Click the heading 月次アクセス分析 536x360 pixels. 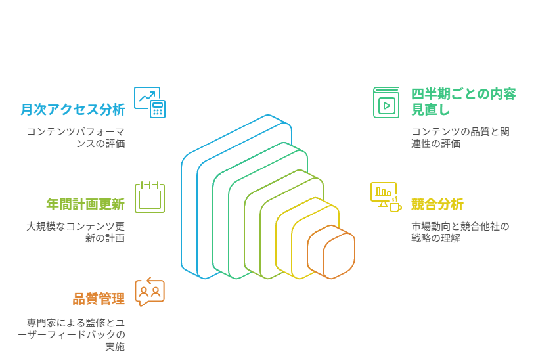pos(73,110)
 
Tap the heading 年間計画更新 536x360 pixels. pos(85,204)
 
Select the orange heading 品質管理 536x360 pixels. pos(99,299)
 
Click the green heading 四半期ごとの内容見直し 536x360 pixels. pos(464,102)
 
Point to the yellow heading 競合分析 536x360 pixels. pos(437,204)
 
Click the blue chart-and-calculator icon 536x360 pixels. pos(150,102)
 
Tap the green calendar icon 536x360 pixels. pos(150,197)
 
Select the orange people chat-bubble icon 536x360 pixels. pos(150,292)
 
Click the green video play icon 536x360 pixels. pos(386,102)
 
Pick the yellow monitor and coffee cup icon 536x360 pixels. pos(386,197)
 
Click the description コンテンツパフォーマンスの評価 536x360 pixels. pos(76,137)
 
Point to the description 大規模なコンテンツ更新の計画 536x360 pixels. pos(76,232)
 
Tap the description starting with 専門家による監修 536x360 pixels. pos(72,334)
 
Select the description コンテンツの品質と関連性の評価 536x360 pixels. pos(460,137)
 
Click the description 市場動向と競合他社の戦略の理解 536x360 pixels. pos(460,232)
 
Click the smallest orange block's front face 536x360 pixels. pos(339,256)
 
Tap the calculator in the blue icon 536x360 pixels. pos(158,109)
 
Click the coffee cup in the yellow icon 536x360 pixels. pos(395,206)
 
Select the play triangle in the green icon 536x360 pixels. pos(387,106)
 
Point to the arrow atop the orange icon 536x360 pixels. pos(153,281)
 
